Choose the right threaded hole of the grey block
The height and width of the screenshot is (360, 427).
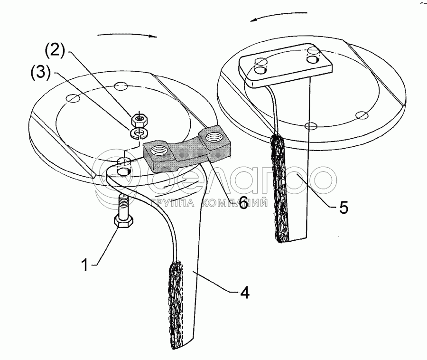(212, 138)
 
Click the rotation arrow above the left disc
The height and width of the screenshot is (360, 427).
(127, 35)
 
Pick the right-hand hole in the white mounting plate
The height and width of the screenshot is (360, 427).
(313, 58)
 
